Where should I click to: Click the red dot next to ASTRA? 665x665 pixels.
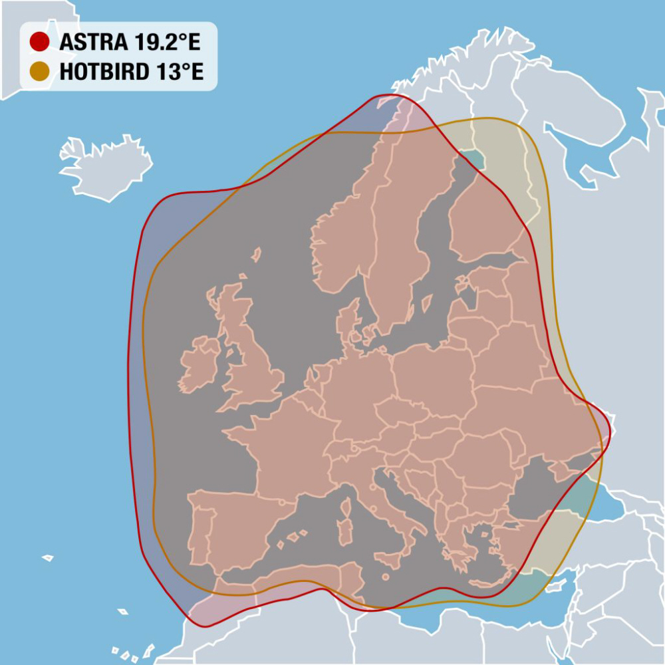click(40, 42)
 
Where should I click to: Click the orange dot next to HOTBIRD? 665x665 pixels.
click(40, 71)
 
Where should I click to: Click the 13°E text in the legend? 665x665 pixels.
click(180, 71)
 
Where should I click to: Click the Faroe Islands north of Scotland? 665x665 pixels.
click(255, 254)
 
